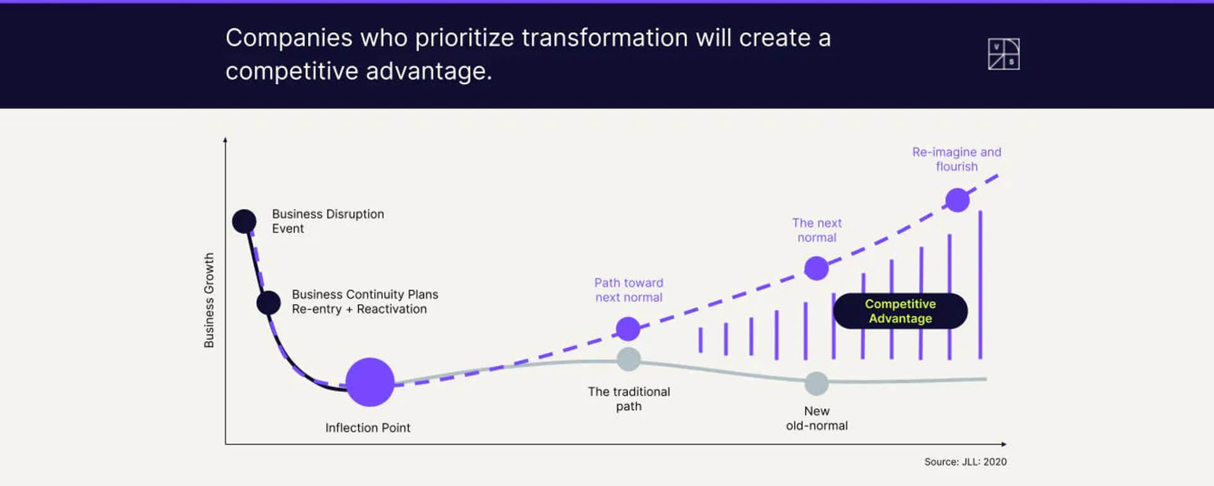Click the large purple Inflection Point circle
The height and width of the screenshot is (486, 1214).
point(370,382)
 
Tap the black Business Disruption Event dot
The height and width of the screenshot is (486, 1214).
point(244,221)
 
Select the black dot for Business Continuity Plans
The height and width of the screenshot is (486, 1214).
point(269,303)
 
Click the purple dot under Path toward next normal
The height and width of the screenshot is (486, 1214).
point(628,329)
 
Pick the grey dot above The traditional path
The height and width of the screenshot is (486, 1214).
point(628,359)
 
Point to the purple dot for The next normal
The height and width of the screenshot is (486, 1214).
point(816,268)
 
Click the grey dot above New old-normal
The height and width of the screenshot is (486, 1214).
point(816,383)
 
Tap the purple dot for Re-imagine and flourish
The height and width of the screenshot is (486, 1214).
point(957,200)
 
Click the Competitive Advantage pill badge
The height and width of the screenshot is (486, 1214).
point(900,311)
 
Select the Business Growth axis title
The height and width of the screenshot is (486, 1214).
point(209,301)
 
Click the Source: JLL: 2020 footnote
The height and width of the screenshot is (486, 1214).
point(966,462)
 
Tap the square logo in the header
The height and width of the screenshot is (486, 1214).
point(1003,54)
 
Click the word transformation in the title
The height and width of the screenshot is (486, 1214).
point(604,38)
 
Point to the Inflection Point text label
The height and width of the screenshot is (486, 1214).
point(368,428)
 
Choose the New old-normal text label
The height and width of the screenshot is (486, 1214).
point(817,418)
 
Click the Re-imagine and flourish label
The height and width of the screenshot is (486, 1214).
point(957,159)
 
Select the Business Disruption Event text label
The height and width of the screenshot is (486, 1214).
point(328,221)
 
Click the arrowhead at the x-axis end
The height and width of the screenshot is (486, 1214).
point(1004,444)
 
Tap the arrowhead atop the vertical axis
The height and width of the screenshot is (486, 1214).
point(225,140)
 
